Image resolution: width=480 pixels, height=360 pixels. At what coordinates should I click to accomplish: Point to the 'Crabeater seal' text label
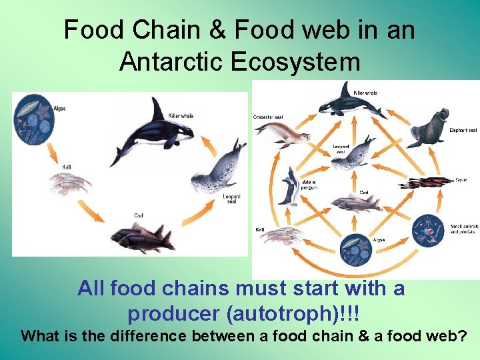(270, 117)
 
